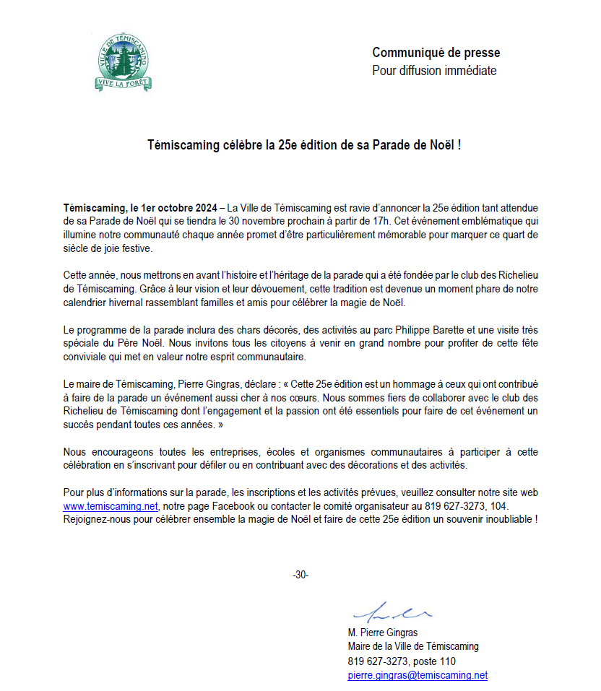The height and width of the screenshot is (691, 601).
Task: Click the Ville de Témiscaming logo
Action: [x=124, y=64]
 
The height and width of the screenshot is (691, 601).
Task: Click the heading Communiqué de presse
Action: [x=436, y=53]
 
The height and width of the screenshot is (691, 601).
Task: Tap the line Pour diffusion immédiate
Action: [x=434, y=71]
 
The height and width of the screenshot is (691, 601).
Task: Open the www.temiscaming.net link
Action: [x=110, y=506]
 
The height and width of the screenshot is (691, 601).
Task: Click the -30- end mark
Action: [x=300, y=575]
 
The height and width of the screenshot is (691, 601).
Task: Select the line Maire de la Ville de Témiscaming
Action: [x=412, y=647]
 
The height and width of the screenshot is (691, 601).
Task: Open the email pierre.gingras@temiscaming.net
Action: [x=418, y=676]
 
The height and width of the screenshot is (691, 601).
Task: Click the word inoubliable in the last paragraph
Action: [x=507, y=520]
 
